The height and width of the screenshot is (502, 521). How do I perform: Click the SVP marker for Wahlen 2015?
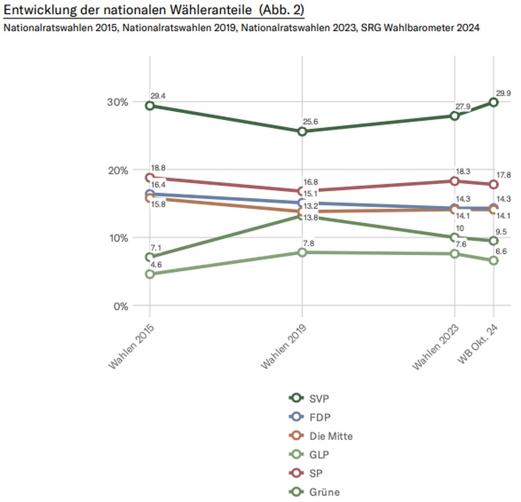click(x=150, y=106)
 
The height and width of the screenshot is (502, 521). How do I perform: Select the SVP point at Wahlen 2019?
click(x=302, y=131)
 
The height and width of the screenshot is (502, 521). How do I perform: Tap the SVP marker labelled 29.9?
click(x=494, y=102)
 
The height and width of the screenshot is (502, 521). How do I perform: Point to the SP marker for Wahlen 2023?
click(x=455, y=181)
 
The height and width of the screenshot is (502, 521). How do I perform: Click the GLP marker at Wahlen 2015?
click(x=150, y=274)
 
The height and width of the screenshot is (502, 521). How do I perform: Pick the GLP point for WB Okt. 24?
click(x=494, y=261)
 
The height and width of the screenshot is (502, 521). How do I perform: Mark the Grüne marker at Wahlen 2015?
click(x=150, y=258)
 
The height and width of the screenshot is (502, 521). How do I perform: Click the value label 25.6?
click(x=310, y=122)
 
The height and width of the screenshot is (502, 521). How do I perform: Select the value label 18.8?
click(x=158, y=169)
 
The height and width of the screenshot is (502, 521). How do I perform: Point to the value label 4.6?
click(x=156, y=264)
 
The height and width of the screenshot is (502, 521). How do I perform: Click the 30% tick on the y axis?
click(x=118, y=102)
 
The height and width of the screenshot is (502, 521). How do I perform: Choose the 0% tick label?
click(x=120, y=306)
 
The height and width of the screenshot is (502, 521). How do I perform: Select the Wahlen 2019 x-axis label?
click(x=283, y=345)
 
